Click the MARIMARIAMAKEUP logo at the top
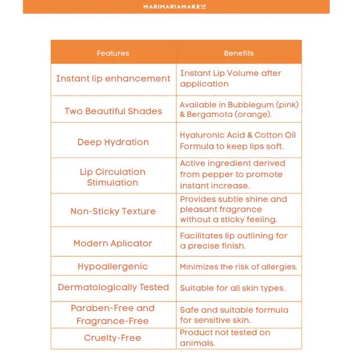point(175,7)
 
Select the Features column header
point(113,53)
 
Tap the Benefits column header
point(238,53)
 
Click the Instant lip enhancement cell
point(113,79)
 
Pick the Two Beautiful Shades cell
point(113,111)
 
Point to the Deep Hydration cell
point(113,142)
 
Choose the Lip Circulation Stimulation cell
point(112,177)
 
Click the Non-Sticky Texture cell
point(113,211)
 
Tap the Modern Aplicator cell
point(113,243)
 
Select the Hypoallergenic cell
point(113,267)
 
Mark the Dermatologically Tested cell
point(113,287)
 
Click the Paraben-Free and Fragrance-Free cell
point(113,314)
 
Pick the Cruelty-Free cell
point(112,337)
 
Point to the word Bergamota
point(210,114)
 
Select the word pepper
point(217,174)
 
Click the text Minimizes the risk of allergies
point(238,267)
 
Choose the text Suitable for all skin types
point(232,288)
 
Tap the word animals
point(197,343)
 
